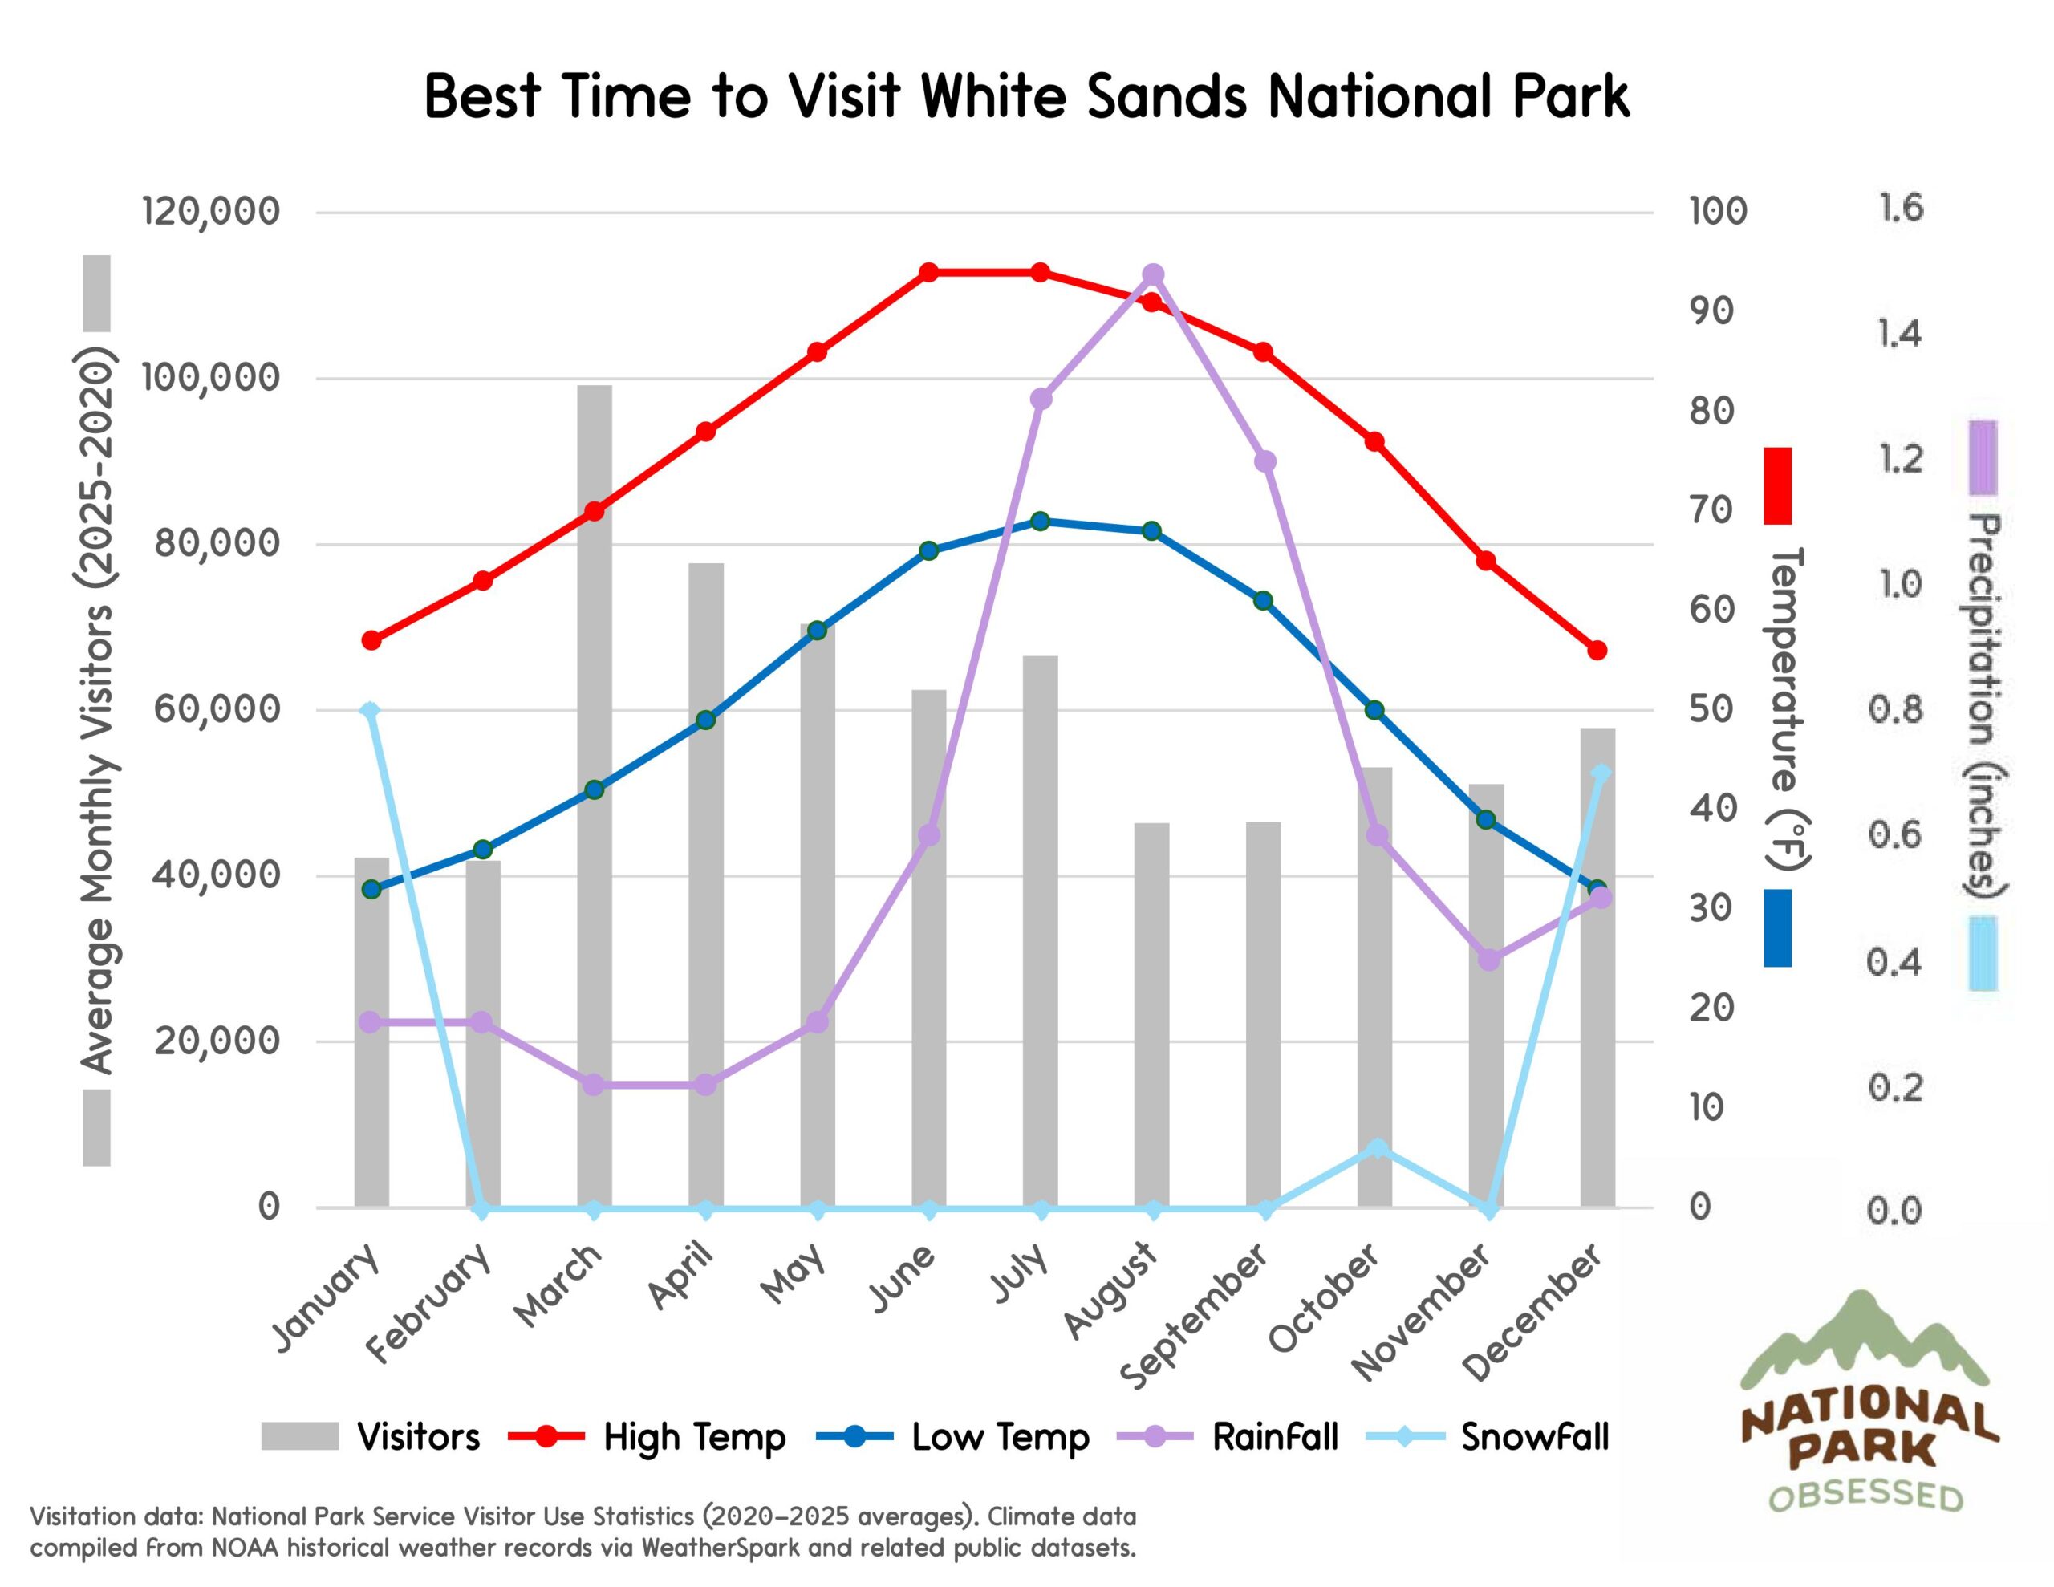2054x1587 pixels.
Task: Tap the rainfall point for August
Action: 1153,274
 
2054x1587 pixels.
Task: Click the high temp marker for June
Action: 928,273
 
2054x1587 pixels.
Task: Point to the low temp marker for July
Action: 1040,522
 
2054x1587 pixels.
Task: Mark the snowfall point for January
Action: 371,711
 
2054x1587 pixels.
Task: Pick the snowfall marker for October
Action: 1377,1147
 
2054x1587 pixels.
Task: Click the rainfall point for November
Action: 1488,960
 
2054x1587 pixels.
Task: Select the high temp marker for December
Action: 1597,651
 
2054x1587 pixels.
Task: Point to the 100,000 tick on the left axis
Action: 211,378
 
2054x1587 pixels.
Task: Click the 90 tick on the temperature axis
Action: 1711,311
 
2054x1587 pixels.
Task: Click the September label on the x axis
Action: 1196,1317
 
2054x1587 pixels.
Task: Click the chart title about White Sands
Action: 1026,97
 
